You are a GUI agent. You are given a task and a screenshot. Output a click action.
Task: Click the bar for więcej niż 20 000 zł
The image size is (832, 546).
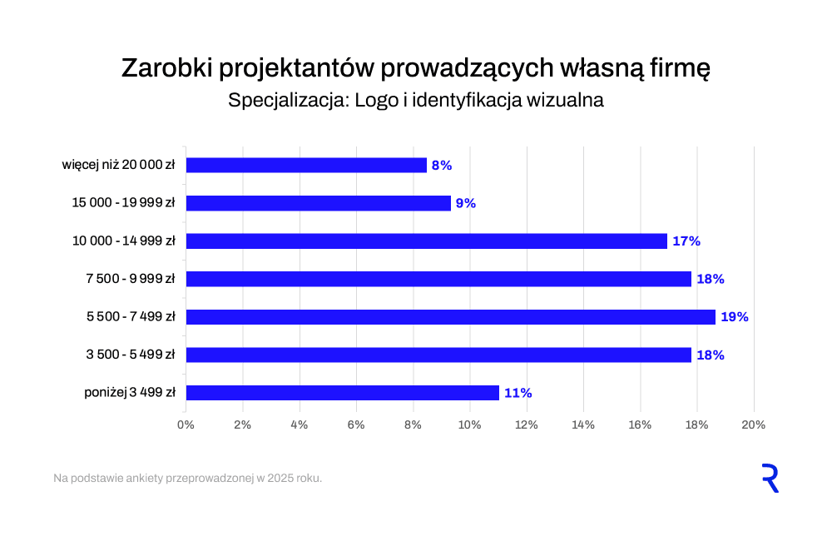[x=306, y=166]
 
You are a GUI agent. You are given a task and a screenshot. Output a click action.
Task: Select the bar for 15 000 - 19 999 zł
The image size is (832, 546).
[x=318, y=203]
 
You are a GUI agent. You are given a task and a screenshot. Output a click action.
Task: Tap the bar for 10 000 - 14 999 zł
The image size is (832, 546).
[x=426, y=241]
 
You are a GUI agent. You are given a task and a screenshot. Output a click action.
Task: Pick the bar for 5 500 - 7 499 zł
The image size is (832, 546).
[x=450, y=317]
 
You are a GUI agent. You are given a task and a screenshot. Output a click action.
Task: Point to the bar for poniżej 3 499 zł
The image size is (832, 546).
[x=342, y=393]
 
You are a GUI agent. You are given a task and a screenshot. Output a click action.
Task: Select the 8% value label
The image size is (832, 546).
[x=442, y=166]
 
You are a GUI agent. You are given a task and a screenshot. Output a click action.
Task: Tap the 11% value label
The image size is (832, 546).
[x=518, y=393]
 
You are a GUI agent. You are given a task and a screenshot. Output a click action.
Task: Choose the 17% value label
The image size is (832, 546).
[x=686, y=241]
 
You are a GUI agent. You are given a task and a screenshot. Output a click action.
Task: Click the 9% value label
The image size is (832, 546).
[x=465, y=203]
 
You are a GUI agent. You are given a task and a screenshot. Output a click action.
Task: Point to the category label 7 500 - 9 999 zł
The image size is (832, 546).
[x=130, y=279]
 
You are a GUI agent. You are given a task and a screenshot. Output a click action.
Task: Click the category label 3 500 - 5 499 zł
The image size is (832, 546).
[x=130, y=355]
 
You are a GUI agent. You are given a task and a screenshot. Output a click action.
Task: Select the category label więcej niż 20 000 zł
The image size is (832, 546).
[x=118, y=166]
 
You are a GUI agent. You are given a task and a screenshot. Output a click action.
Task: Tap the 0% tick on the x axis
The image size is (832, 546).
[x=186, y=424]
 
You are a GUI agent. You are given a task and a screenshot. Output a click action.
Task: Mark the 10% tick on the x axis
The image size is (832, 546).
[x=469, y=424]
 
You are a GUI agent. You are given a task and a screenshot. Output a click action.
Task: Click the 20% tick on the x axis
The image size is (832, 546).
[x=753, y=424]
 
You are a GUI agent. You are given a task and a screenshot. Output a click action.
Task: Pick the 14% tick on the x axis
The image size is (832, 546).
[x=583, y=424]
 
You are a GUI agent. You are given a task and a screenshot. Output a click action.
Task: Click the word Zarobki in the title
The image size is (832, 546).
[x=168, y=68]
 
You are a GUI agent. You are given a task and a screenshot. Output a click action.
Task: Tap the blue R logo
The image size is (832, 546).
[x=770, y=479]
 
